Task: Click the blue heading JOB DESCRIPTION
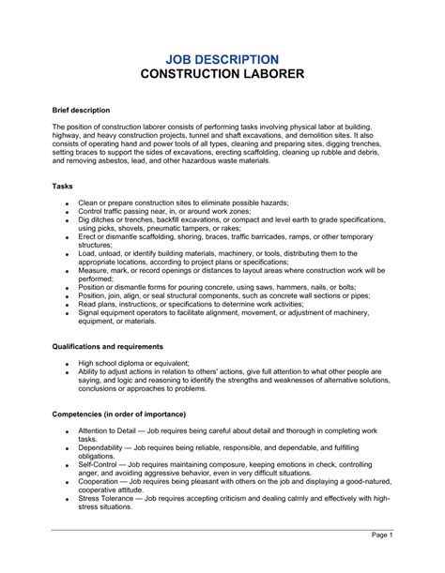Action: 222,59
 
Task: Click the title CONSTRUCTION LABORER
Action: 222,76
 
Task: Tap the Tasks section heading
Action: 63,186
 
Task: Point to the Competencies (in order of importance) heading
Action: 118,414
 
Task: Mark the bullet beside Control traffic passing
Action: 68,213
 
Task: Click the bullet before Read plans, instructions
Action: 68,306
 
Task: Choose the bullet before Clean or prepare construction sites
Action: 68,204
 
